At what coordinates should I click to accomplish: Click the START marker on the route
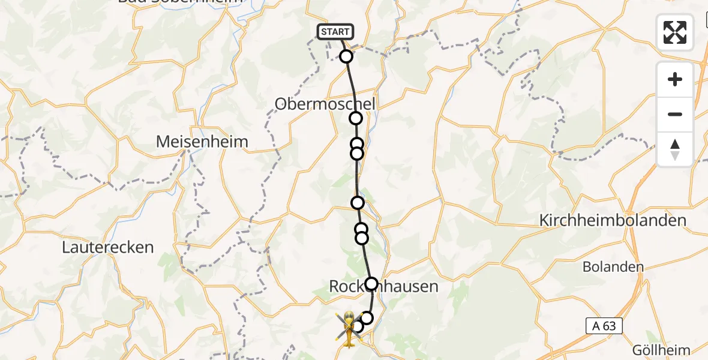335,32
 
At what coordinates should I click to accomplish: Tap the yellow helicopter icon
349,329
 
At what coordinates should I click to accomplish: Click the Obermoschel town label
325,104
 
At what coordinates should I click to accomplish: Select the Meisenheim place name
202,142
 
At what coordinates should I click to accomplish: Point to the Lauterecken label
108,247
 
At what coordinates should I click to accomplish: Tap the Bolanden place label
613,267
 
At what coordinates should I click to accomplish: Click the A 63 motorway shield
604,326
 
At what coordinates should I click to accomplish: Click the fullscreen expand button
675,32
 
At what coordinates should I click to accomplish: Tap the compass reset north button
675,149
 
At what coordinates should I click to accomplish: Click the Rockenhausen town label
383,287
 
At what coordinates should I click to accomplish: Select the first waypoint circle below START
346,56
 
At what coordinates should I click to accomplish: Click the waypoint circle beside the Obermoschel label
356,118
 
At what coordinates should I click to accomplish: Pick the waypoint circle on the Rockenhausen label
372,284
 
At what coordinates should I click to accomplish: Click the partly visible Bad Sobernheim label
180,2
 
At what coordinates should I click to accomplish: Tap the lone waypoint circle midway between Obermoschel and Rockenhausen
358,203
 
